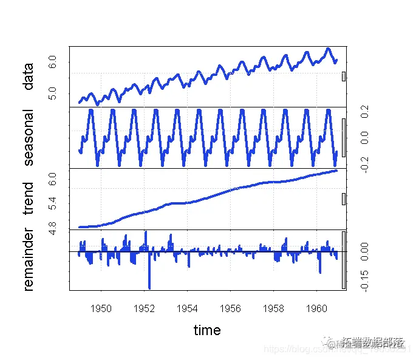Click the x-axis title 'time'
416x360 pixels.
click(207, 330)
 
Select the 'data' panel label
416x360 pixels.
click(28, 76)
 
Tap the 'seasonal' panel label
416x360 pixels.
click(28, 138)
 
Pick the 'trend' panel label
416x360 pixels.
click(28, 199)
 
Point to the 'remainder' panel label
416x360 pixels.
click(28, 260)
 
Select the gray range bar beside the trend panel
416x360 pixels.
click(344, 199)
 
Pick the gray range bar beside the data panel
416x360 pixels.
click(344, 76)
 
